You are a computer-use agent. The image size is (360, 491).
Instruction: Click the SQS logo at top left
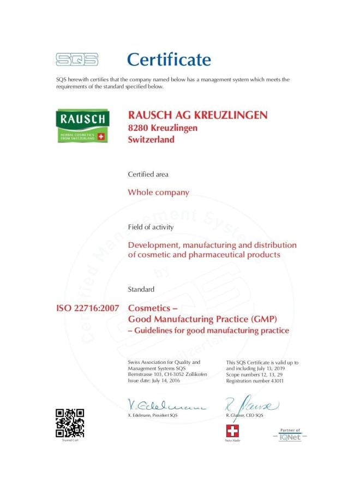click(77, 59)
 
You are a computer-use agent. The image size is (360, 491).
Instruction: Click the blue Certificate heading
click(169, 59)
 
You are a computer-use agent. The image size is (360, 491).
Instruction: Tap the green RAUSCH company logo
click(82, 127)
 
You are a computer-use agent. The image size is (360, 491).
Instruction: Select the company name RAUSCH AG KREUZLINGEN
click(197, 115)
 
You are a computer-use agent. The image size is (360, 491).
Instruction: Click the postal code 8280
click(136, 128)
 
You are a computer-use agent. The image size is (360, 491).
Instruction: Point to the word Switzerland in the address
click(151, 140)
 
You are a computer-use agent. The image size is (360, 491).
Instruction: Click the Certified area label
click(148, 175)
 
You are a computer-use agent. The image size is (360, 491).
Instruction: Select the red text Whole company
click(158, 192)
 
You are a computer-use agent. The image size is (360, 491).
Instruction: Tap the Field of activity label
click(151, 227)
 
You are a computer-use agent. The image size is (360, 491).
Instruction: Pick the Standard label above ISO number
click(141, 289)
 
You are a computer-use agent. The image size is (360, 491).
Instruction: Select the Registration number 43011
click(255, 380)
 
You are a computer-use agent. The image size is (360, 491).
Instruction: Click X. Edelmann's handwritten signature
click(166, 405)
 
